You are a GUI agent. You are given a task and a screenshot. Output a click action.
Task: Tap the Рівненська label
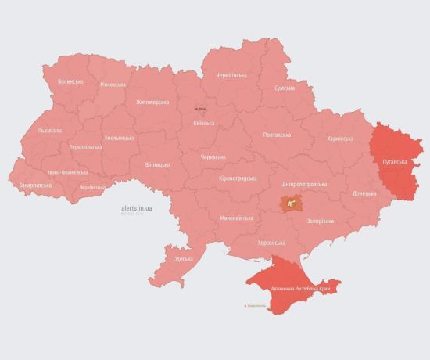click(x=113, y=85)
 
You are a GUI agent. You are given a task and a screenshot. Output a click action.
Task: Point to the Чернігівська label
click(x=231, y=75)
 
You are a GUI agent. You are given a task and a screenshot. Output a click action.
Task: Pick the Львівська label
click(x=49, y=131)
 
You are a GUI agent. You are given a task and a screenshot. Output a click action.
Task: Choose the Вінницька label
click(x=157, y=165)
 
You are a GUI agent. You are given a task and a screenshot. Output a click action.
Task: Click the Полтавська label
click(x=277, y=135)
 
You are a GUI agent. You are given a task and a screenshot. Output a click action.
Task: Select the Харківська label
click(x=340, y=139)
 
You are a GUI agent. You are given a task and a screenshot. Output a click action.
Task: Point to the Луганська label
click(x=393, y=161)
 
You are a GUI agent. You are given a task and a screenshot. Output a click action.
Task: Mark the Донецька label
click(x=364, y=193)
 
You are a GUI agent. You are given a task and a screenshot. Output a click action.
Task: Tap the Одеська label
click(x=182, y=258)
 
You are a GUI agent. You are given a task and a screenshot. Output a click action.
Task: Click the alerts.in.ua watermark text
click(x=137, y=209)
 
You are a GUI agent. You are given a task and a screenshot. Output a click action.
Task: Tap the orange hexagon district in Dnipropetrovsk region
click(x=292, y=203)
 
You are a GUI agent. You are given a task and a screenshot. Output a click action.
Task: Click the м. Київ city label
click(x=201, y=109)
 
